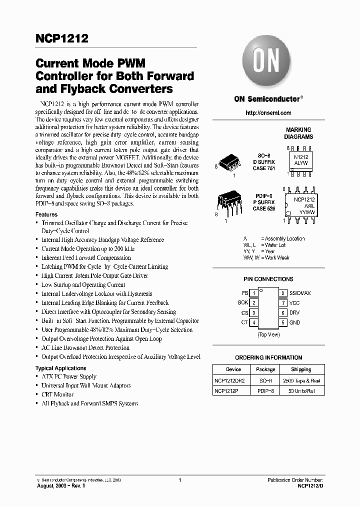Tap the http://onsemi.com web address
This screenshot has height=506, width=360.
coord(268,113)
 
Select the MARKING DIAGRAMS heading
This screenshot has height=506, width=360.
coord(298,133)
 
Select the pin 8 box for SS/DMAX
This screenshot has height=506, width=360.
coord(283,293)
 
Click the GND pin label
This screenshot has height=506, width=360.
coord(295,322)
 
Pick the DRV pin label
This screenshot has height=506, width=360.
coord(295,313)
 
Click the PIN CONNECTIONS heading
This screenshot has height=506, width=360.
coord(268,279)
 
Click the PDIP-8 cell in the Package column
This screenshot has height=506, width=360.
coord(265,391)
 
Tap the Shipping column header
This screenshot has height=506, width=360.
coord(301,369)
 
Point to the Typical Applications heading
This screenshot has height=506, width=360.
coord(61,368)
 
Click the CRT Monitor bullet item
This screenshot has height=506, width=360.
coord(57,394)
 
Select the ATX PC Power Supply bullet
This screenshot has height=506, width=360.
coord(69,376)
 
